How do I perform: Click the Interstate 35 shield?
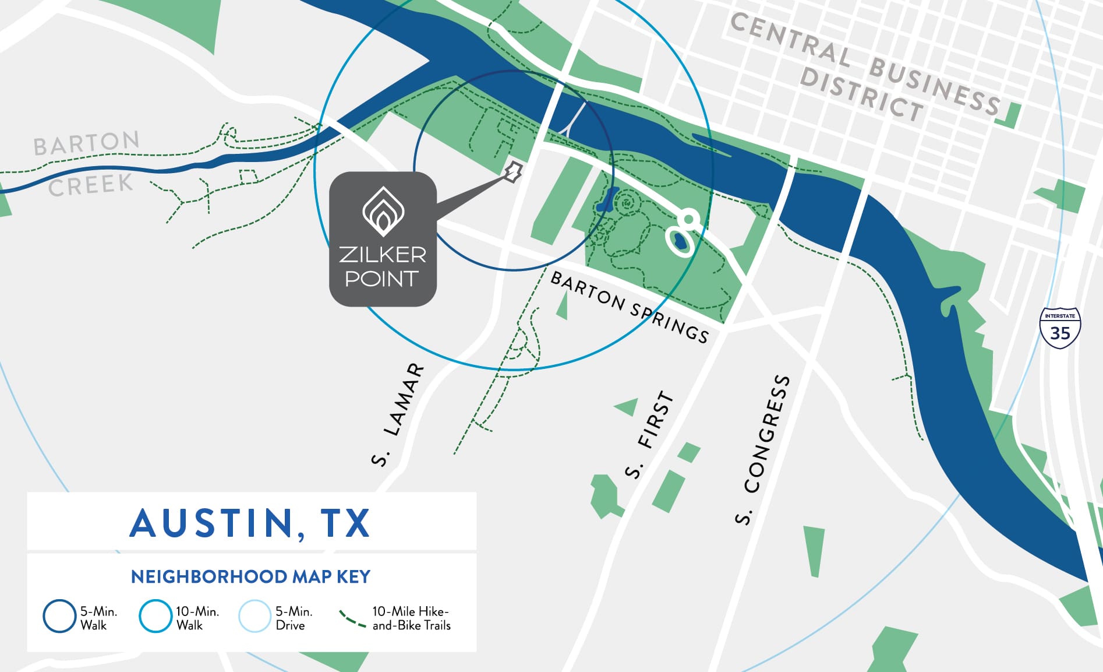pyautogui.click(x=1060, y=328)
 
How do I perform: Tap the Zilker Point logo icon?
pyautogui.click(x=383, y=211)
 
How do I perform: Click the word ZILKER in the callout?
pyautogui.click(x=383, y=255)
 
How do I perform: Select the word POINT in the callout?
pyautogui.click(x=382, y=279)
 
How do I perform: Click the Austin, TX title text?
pyautogui.click(x=250, y=523)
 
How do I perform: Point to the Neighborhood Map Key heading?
pyautogui.click(x=250, y=576)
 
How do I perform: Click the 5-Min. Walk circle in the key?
pyautogui.click(x=59, y=616)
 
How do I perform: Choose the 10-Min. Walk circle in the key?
pyautogui.click(x=155, y=616)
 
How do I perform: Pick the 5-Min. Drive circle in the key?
pyautogui.click(x=254, y=616)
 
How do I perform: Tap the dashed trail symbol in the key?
pyautogui.click(x=352, y=618)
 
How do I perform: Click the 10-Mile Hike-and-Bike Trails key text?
pyautogui.click(x=411, y=618)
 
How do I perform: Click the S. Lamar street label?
pyautogui.click(x=398, y=414)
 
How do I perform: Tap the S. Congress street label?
pyautogui.click(x=763, y=449)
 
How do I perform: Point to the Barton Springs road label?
pyautogui.click(x=630, y=308)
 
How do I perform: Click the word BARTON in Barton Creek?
pyautogui.click(x=87, y=143)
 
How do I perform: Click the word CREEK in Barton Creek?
pyautogui.click(x=90, y=186)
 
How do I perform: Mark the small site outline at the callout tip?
pyautogui.click(x=512, y=172)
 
